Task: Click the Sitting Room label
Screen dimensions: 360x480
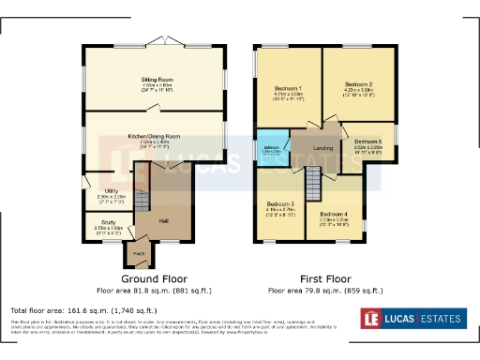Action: (155, 82)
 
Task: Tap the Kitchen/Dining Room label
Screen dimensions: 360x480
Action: (155, 135)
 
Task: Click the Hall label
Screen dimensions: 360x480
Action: (163, 220)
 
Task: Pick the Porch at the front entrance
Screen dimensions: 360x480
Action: (138, 252)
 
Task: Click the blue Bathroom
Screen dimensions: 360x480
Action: (273, 150)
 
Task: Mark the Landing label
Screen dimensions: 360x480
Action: (323, 148)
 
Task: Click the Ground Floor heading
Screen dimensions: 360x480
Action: (155, 278)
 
